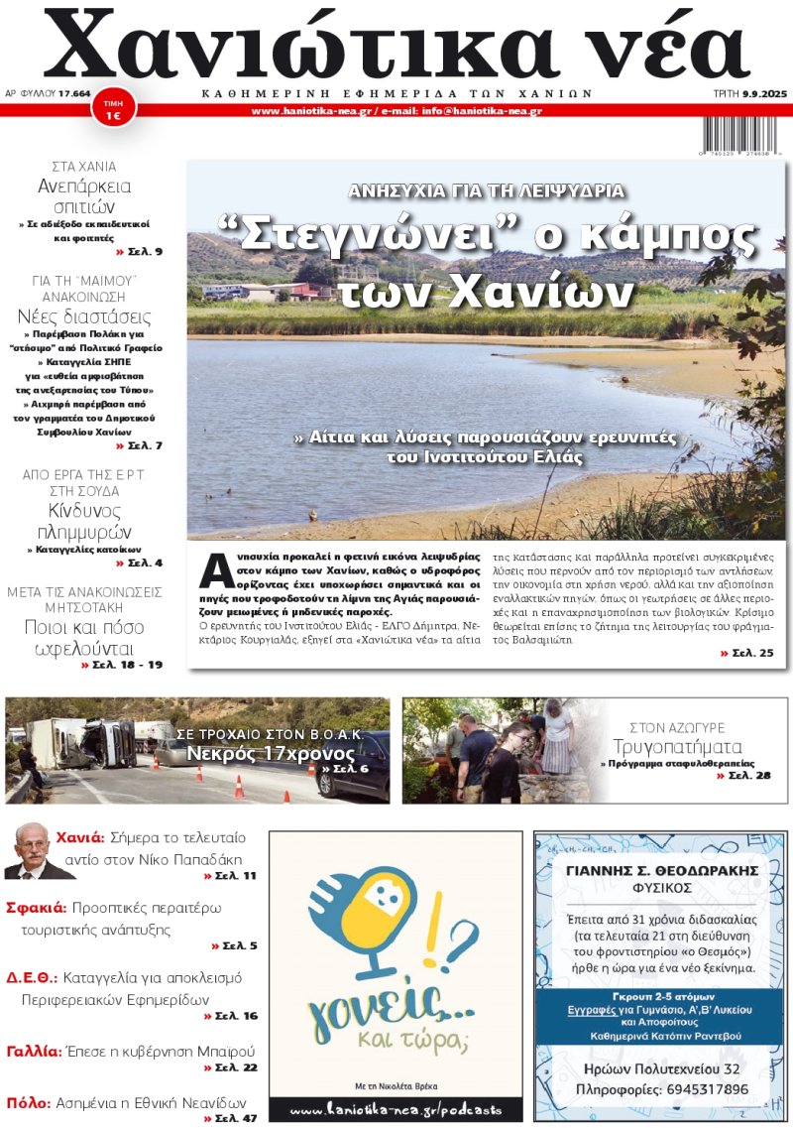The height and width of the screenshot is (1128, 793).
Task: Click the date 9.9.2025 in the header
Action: pyautogui.click(x=761, y=94)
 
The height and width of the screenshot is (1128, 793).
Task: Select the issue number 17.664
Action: pyautogui.click(x=74, y=94)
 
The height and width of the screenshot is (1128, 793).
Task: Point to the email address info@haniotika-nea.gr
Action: pyautogui.click(x=482, y=111)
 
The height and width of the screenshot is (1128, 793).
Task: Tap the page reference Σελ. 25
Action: pyautogui.click(x=745, y=654)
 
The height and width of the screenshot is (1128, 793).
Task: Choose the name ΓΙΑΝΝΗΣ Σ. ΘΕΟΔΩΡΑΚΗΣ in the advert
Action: pyautogui.click(x=661, y=870)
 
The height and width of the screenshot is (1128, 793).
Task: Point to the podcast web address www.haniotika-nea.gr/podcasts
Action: pyautogui.click(x=396, y=1109)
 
